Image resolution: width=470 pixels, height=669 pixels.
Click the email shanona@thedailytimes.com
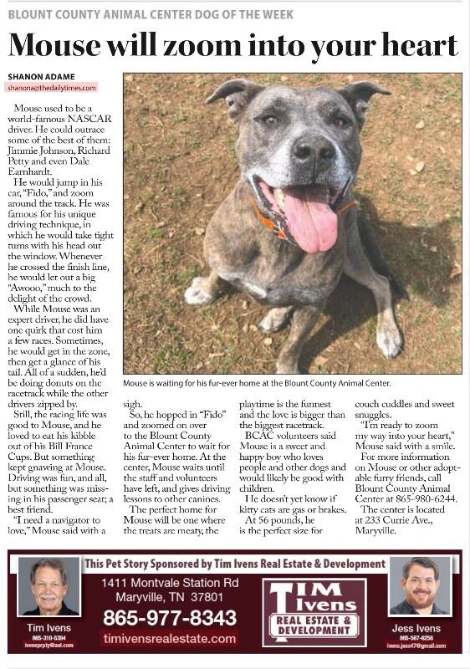[x=52, y=87]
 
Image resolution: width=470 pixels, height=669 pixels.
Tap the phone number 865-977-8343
[x=170, y=618]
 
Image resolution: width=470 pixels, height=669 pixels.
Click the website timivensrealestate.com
[x=170, y=638]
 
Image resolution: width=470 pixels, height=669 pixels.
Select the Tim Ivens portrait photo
[x=49, y=586]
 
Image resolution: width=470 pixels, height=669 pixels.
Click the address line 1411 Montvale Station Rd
[x=170, y=583]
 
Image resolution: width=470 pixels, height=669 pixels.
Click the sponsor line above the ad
[x=235, y=564]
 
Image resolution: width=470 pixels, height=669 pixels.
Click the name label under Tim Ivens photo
[x=49, y=627]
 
